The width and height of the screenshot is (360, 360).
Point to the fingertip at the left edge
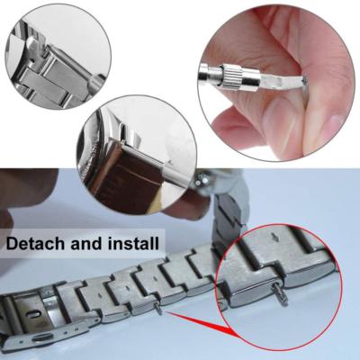pyautogui.click(x=7, y=216)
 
